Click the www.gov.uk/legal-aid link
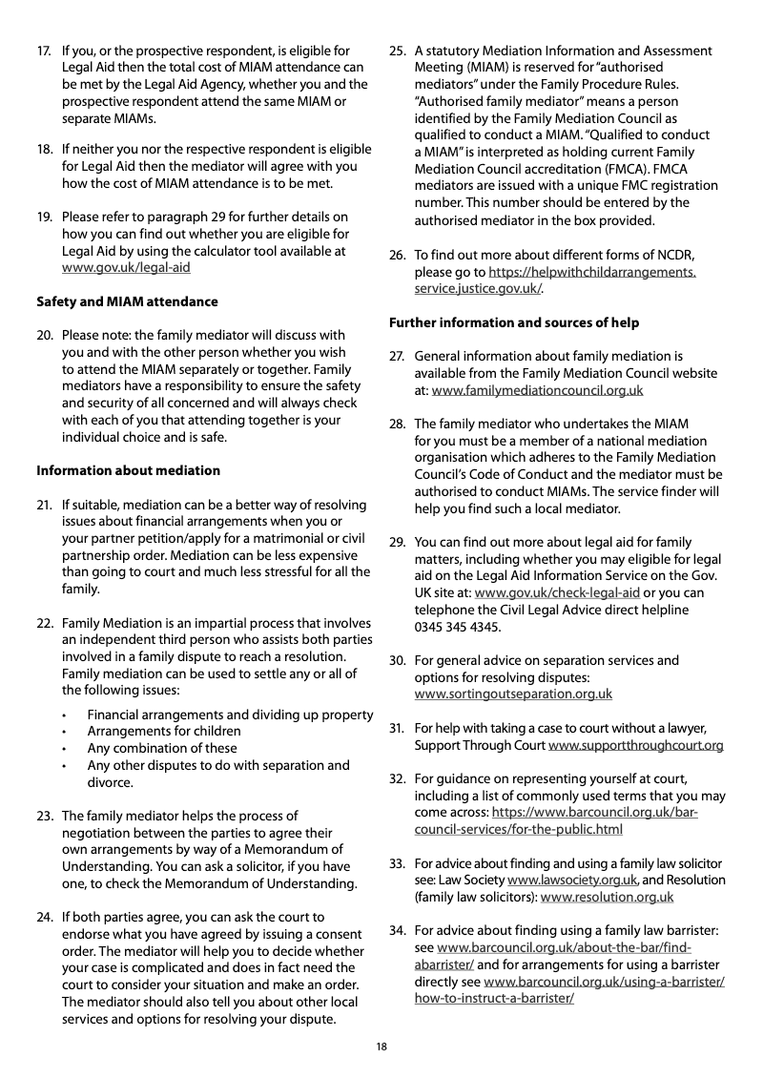click(126, 268)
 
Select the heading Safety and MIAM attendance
click(127, 301)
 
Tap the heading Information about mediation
click(128, 470)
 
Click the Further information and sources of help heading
click(514, 322)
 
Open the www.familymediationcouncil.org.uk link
click(537, 391)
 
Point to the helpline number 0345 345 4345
click(457, 627)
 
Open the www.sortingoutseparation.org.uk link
click(513, 694)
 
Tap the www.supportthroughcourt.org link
click(636, 745)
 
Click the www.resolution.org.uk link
click(607, 897)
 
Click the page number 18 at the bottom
click(381, 1047)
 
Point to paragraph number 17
click(44, 51)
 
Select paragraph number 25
click(398, 51)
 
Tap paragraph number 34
click(398, 930)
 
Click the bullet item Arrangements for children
click(164, 731)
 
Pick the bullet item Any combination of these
click(162, 748)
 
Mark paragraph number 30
click(398, 660)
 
